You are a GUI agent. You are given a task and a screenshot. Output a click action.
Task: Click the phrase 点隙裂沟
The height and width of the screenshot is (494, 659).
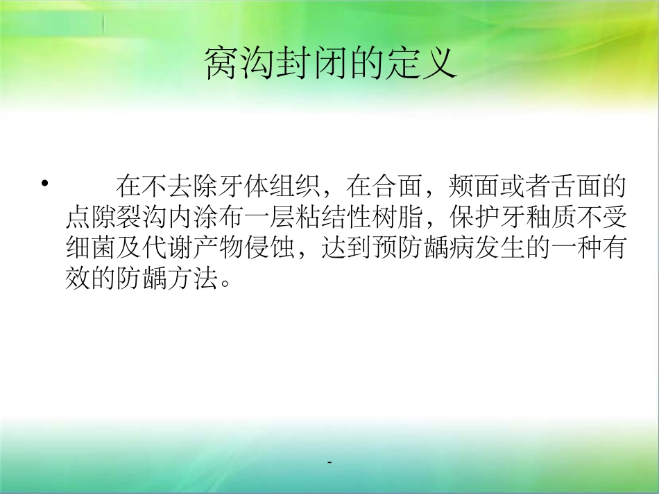click(114, 219)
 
